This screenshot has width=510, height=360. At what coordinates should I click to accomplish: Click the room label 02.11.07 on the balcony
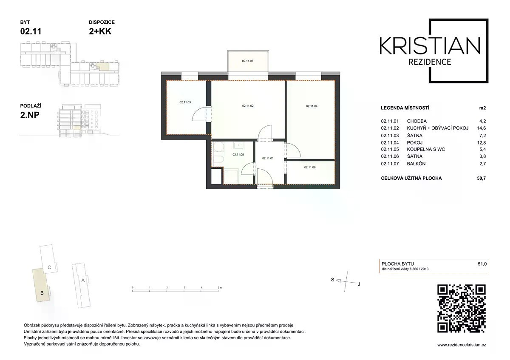pos(247,61)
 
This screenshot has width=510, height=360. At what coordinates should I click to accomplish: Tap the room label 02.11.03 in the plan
pos(185,102)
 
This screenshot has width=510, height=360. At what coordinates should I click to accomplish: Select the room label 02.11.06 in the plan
pos(310,167)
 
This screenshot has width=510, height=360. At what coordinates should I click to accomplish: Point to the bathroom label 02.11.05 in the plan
pos(238,155)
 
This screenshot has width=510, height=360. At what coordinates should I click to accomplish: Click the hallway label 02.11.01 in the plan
pos(268,158)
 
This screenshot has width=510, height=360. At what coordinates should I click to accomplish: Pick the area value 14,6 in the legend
pos(481,128)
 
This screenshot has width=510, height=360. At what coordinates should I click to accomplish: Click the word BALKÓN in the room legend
pos(416,164)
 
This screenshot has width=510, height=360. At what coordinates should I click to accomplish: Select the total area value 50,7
pos(481,178)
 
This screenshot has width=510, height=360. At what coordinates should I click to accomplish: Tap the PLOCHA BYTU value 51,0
pos(482,264)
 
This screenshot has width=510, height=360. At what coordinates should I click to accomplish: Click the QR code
pos(462,309)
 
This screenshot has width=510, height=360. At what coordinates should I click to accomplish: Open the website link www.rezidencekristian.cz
pos(462,345)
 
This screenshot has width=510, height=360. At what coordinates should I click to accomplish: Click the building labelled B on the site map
pos(41,286)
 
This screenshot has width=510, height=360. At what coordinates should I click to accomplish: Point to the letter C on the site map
pos(49,267)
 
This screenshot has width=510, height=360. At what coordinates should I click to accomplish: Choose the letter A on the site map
pos(83,280)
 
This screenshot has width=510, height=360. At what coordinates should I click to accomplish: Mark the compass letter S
pos(333,280)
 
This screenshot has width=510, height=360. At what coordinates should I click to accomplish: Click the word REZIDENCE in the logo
pos(430,62)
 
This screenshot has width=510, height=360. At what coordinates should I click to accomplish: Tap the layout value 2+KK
pos(100,31)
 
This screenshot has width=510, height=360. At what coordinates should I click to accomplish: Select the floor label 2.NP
pos(30,115)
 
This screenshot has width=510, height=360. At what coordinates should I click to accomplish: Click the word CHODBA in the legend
pos(416,121)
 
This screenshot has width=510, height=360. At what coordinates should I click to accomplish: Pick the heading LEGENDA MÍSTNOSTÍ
pos(405,108)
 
